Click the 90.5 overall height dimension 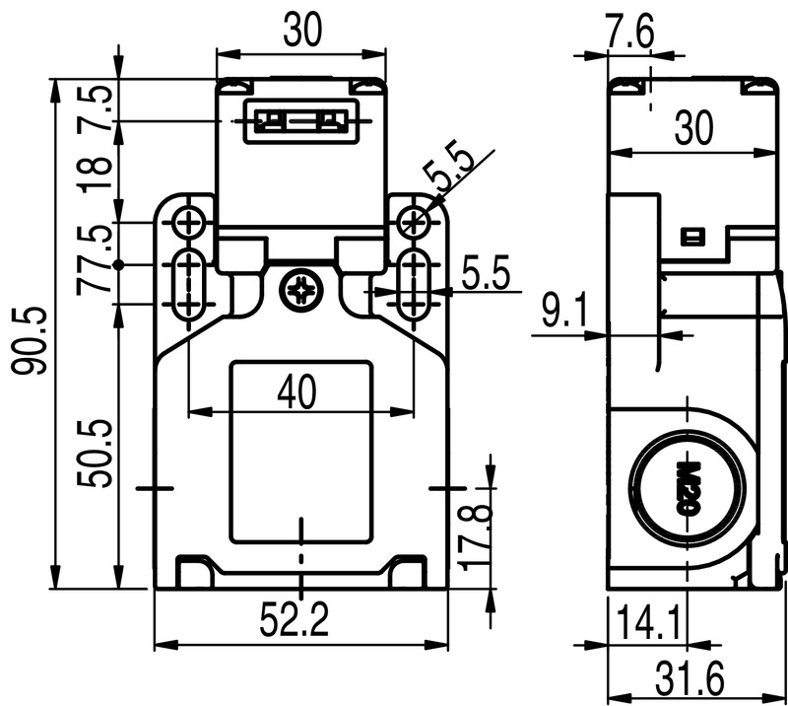[29, 340]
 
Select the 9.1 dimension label [564, 315]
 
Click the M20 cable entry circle [688, 485]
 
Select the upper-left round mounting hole [187, 224]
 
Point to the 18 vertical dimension [97, 172]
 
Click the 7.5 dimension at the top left [97, 101]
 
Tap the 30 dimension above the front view [301, 32]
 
